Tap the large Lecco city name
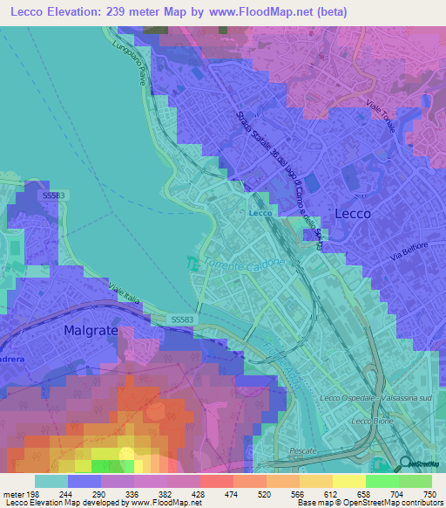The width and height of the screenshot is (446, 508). click(353, 213)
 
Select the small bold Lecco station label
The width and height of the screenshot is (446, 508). click(260, 213)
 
